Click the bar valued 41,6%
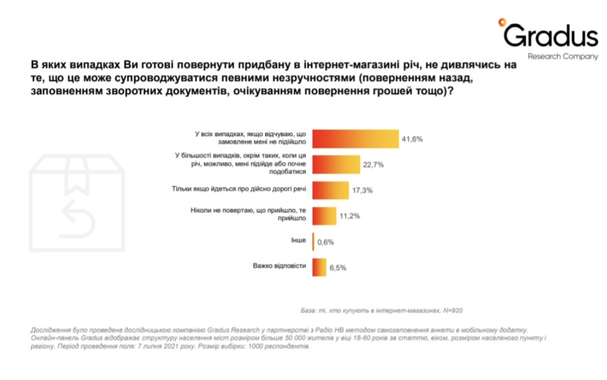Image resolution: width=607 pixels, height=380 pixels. pos(356,138)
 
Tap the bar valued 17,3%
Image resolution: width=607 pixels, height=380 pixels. pos(331,190)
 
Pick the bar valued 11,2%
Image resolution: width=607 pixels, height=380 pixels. pos(325,216)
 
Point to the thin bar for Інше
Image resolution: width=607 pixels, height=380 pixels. pos(313,242)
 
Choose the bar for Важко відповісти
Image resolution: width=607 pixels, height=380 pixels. pos(320,267)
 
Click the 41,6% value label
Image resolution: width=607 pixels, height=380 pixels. pos(412,139)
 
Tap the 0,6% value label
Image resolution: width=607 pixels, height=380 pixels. pos(326,242)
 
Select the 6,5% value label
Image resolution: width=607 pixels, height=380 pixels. pos(338,268)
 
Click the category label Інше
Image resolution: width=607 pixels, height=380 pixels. pos(299,242)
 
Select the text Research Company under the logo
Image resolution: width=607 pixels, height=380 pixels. pos(563,56)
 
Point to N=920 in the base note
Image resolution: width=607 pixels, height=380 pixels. pos(453,310)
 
